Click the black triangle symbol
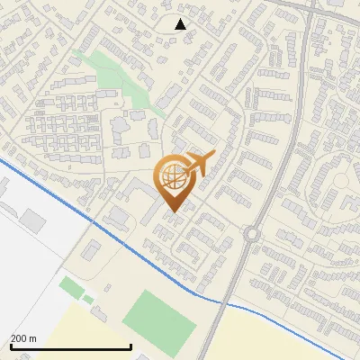pos(180,24)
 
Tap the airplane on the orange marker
pos(199,163)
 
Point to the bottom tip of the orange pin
pos(172,212)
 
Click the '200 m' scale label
pos(23,337)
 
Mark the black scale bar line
pos(70,346)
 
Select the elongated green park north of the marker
pos(117,76)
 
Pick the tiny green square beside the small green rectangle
pos(88,299)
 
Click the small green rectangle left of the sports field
pos(70,288)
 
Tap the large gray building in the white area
pos(33,219)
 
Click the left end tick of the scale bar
pos(10,346)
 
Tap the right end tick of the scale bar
pos(131,346)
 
